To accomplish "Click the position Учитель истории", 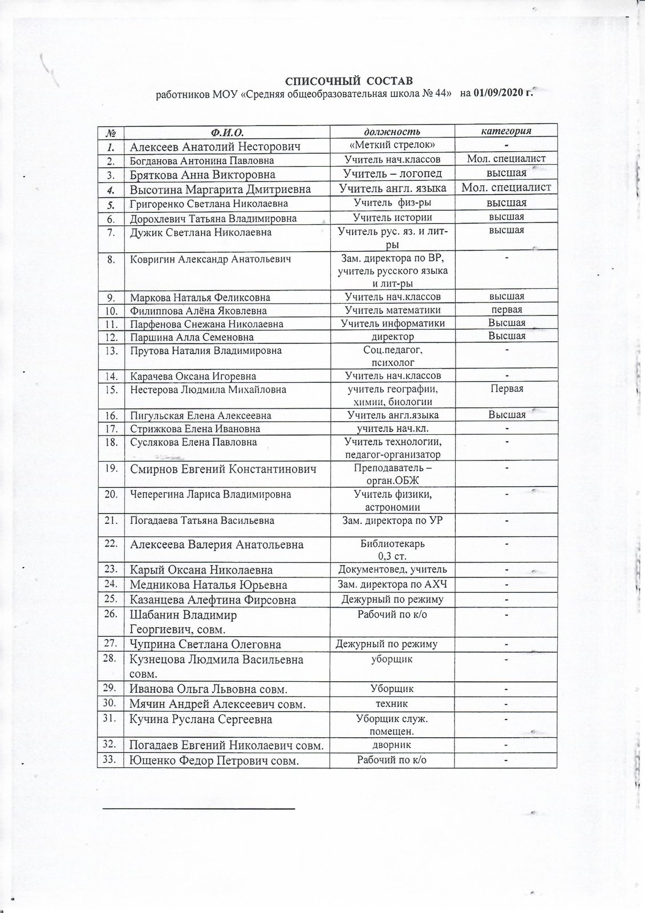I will [392, 217].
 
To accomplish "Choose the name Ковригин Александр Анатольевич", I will [210, 259].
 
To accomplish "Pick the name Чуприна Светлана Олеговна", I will [205, 645].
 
